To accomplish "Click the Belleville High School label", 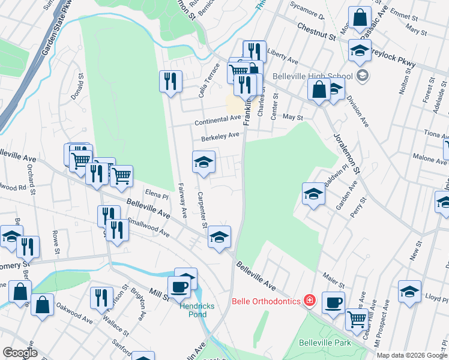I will point(312,76).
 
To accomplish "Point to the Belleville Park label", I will point(325,343).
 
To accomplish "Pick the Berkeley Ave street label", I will point(220,137).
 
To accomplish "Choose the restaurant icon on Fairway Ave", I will point(170,80).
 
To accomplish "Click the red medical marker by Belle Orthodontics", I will point(309,299).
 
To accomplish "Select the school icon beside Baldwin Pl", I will point(313,194).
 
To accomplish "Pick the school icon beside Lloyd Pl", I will point(409,292).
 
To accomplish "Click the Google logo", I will point(20,353).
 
